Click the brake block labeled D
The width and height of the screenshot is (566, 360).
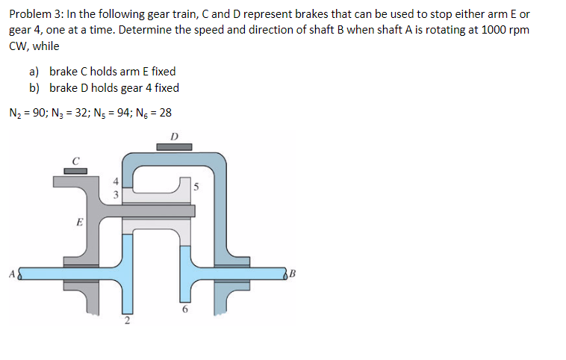pyautogui.click(x=173, y=147)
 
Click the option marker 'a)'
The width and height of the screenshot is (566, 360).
pyautogui.click(x=34, y=72)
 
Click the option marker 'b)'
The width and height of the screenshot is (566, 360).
pyautogui.click(x=34, y=87)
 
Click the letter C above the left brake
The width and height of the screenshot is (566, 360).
pyautogui.click(x=75, y=159)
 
